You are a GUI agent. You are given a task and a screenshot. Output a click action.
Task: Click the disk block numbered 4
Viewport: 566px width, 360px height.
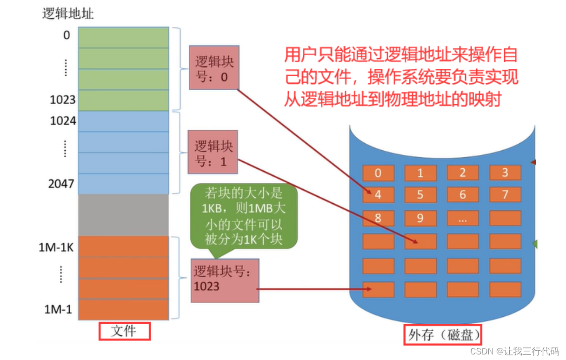tap(378, 194)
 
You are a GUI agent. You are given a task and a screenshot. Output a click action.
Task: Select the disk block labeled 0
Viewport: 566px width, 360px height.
tap(378, 173)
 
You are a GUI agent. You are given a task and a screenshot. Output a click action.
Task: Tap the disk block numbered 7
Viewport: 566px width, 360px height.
tap(505, 194)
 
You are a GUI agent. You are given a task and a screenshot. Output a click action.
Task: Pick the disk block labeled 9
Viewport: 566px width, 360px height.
tap(420, 218)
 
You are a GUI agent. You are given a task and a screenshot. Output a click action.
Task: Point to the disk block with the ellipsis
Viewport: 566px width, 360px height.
tap(462, 218)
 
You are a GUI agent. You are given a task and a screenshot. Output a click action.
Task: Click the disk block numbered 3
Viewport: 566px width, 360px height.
tap(505, 173)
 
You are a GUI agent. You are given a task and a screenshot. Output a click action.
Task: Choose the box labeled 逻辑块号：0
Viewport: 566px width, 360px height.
tap(214, 68)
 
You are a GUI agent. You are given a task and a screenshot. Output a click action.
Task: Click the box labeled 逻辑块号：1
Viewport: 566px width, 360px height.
tap(213, 152)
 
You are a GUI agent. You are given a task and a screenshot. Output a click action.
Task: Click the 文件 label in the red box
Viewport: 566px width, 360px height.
tap(124, 332)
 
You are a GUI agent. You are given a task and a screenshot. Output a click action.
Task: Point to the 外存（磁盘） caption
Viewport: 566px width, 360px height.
tap(442, 335)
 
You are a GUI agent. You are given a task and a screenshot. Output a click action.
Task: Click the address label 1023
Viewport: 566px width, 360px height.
tap(63, 100)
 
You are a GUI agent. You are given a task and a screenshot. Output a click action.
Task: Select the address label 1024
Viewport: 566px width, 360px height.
tap(63, 121)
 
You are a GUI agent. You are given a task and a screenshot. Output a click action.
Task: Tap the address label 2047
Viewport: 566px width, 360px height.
tap(61, 184)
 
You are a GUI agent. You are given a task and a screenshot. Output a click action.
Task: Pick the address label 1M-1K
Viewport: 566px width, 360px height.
tap(56, 247)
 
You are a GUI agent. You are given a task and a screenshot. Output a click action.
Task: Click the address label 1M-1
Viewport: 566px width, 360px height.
tap(59, 309)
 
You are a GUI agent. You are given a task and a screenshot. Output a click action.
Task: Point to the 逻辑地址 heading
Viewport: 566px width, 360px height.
tap(68, 13)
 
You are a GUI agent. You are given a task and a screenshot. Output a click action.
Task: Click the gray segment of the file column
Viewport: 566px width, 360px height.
tap(123, 215)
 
